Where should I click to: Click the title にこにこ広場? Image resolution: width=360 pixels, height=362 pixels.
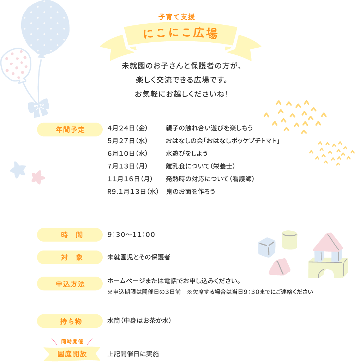(x=180, y=34)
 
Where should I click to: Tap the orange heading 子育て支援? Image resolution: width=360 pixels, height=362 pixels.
(x=176, y=17)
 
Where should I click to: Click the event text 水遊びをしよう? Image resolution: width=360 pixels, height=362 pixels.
(x=187, y=153)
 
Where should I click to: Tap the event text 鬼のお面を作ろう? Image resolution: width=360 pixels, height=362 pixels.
(x=190, y=192)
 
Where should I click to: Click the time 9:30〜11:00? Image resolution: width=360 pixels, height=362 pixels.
(x=131, y=234)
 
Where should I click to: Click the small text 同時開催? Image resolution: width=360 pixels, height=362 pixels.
(x=72, y=341)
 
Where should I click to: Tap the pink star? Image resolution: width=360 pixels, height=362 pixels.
(x=38, y=177)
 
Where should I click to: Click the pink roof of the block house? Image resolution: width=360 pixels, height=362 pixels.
(x=328, y=242)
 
